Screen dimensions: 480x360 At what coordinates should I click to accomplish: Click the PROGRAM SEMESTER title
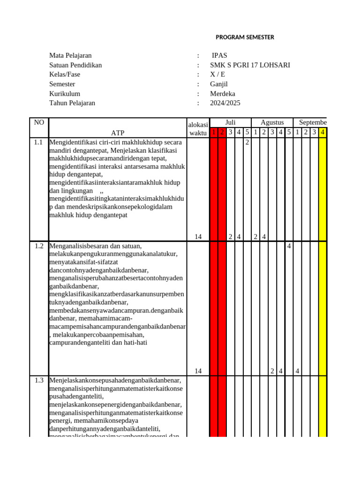pos(245,37)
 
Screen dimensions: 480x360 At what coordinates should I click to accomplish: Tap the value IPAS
pos(220,55)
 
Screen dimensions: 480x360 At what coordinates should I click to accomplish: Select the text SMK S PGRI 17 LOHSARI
pos(250,65)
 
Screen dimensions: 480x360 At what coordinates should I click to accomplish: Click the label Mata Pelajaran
pos(70,55)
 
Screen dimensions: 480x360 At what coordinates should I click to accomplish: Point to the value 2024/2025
pos(225,103)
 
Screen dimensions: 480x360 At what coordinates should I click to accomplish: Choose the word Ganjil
pos(219,84)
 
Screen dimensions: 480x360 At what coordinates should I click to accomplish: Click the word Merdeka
pos(223,94)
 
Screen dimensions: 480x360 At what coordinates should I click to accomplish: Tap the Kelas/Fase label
pos(65,75)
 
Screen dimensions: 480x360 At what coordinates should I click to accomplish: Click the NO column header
pos(39,122)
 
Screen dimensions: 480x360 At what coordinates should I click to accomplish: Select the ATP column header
pos(118,133)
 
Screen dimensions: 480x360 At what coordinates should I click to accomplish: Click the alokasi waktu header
pos(198,128)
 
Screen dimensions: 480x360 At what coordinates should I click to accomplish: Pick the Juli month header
pos(230,122)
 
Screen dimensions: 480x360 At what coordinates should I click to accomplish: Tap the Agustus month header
pos(272,122)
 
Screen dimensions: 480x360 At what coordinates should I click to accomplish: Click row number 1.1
pos(39,142)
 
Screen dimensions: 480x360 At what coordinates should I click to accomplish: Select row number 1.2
pos(39,246)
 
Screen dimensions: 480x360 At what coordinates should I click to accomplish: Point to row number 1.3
pos(39,380)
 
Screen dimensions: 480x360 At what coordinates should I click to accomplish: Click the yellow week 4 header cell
pos(322,133)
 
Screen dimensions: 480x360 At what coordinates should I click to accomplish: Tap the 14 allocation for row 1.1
pos(198,237)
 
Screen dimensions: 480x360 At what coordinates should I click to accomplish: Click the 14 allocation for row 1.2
pos(198,371)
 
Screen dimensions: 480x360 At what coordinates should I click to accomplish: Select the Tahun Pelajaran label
pos(72,103)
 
